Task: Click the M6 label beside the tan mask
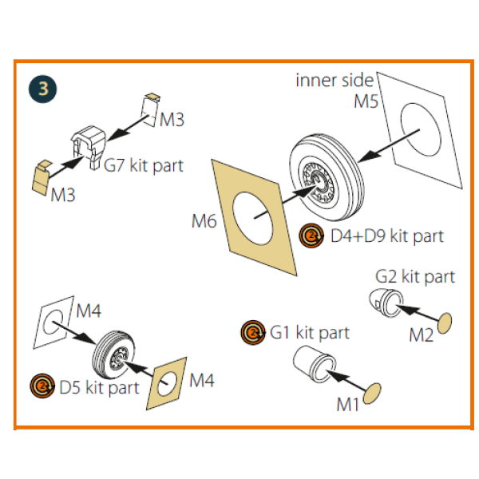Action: (204, 221)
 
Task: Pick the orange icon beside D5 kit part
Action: (41, 387)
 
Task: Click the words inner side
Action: (335, 80)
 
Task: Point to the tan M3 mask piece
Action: (41, 176)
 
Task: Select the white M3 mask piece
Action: (151, 107)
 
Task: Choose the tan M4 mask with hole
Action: (168, 384)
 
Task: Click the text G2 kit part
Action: (415, 277)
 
